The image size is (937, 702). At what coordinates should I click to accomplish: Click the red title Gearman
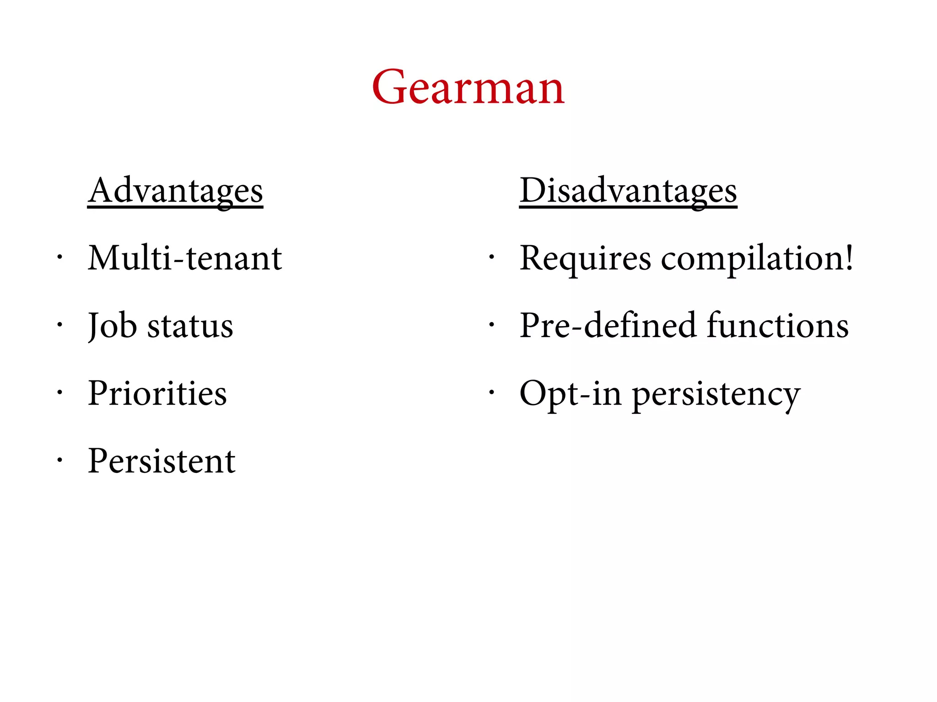click(x=468, y=87)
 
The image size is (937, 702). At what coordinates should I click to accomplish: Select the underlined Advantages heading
click(x=175, y=191)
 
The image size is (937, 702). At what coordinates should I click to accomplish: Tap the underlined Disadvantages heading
click(x=628, y=191)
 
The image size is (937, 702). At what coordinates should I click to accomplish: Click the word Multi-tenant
click(x=185, y=258)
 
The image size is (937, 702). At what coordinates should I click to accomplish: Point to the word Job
click(x=113, y=326)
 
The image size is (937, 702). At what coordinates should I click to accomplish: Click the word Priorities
click(x=157, y=393)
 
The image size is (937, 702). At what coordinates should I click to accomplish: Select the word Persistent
click(x=162, y=461)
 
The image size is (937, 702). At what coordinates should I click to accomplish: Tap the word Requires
click(x=585, y=259)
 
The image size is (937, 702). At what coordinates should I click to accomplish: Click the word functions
click(x=778, y=326)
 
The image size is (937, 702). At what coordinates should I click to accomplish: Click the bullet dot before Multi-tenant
click(x=59, y=257)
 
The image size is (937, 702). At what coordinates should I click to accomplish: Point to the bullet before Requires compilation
click(x=491, y=257)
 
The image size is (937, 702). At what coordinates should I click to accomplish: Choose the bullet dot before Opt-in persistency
click(x=491, y=392)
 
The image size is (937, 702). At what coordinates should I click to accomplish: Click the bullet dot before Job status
click(x=59, y=325)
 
